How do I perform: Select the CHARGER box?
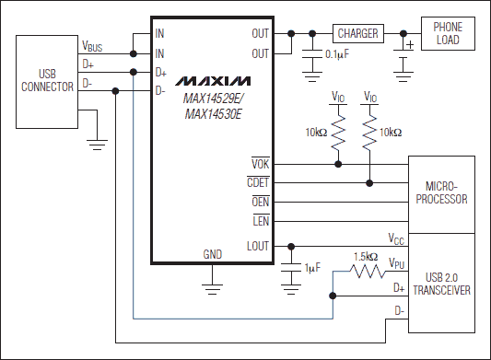357,34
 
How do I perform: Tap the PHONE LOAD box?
447,34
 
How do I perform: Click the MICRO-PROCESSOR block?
441,193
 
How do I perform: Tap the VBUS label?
93,43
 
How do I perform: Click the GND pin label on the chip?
213,254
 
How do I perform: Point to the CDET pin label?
257,182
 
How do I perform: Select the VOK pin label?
259,165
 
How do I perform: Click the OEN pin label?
258,203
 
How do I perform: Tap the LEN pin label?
259,221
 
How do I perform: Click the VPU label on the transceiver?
396,263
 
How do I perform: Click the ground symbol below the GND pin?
213,287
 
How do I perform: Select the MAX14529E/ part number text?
213,98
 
